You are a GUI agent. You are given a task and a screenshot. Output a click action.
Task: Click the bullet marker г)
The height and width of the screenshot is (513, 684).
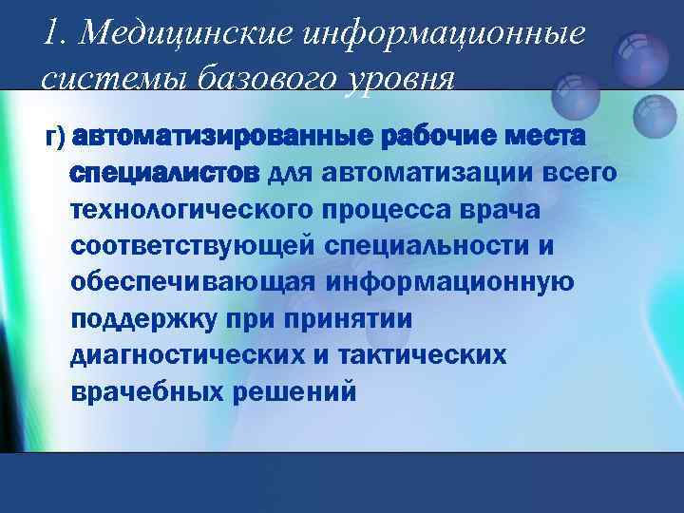click(x=55, y=139)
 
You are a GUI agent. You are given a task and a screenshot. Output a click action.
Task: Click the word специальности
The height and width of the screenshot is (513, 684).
click(x=436, y=246)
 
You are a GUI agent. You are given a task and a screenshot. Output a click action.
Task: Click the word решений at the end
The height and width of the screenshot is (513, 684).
click(x=295, y=390)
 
